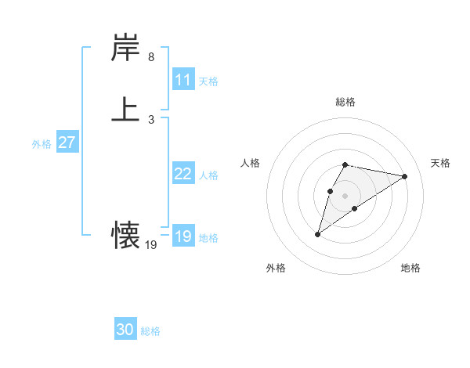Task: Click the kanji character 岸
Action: click(126, 49)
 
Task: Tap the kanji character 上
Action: click(126, 110)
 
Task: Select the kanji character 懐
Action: click(126, 233)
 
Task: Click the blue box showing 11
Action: click(183, 80)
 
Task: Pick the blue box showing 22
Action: click(183, 174)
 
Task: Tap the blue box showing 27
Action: click(67, 143)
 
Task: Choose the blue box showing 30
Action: click(125, 330)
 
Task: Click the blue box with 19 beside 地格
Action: click(183, 236)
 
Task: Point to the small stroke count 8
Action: click(151, 57)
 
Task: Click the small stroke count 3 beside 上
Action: click(151, 119)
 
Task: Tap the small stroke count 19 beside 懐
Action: click(151, 245)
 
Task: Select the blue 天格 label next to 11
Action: click(208, 81)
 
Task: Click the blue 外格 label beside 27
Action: click(42, 144)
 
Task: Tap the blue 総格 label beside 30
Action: click(150, 331)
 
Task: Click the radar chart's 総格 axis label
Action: click(345, 102)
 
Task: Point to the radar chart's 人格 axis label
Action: click(251, 163)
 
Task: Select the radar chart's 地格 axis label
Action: click(410, 269)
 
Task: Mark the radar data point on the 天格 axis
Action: click(404, 176)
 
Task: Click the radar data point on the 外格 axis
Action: click(318, 233)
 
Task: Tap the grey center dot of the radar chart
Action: click(345, 196)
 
